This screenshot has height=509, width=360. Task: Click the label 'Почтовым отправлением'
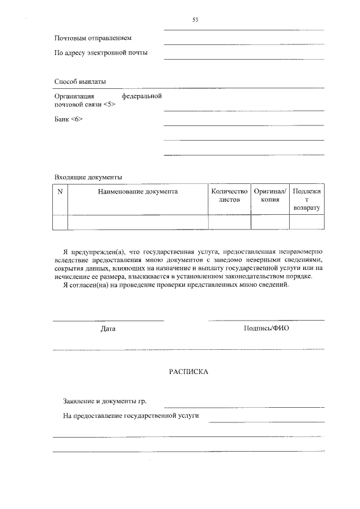[x=93, y=38]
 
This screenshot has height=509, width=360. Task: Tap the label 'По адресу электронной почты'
[x=101, y=53]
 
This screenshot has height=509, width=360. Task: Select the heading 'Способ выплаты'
[x=80, y=82]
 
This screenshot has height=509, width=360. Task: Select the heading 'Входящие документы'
[x=88, y=177]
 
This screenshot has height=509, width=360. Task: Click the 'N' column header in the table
[x=60, y=192]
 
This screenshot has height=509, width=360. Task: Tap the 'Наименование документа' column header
[x=138, y=192]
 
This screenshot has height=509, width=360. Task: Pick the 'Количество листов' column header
[x=229, y=196]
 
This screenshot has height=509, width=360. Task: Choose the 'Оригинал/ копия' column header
[x=270, y=196]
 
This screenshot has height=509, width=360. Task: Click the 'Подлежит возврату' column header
[x=307, y=200]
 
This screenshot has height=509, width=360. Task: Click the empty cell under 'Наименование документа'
[x=138, y=222]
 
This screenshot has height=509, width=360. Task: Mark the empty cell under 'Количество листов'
[x=229, y=222]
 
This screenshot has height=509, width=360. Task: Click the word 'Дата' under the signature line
[x=108, y=328]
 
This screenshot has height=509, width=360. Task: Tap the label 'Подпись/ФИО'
[x=266, y=328]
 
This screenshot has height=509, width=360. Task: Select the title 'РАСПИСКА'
[x=188, y=372]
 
